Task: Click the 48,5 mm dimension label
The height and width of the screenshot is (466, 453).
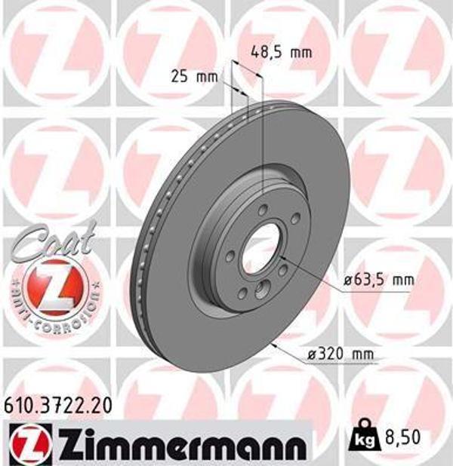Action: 280,53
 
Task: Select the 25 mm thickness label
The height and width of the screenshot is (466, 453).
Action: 194,76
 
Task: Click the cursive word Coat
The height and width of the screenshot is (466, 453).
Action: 57,244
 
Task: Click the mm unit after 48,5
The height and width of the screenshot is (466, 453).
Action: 300,53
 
